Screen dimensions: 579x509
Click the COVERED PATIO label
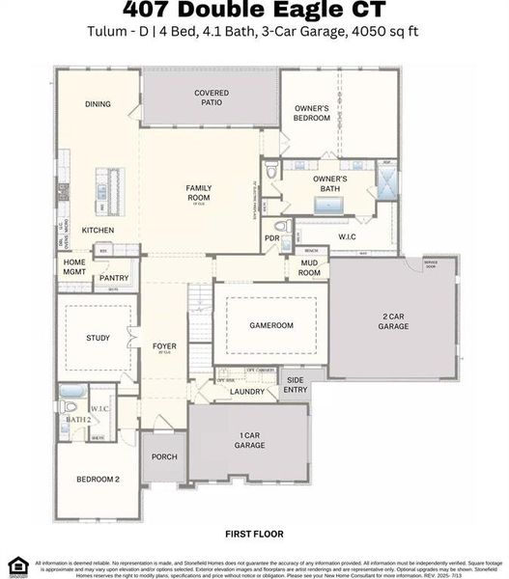212,98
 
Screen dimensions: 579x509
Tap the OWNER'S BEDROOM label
312,113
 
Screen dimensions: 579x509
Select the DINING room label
98,104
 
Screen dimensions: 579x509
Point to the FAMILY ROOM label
198,192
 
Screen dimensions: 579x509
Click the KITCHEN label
98,231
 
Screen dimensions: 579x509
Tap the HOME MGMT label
74,267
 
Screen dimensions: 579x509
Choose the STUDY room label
98,338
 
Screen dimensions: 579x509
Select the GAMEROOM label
270,326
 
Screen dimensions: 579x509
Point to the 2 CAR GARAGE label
393,321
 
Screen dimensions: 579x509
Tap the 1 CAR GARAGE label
249,440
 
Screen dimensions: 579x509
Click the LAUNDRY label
247,392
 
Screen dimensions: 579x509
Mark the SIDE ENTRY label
296,384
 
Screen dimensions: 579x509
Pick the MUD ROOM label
309,268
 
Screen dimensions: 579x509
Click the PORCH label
164,457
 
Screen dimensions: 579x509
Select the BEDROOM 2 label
98,480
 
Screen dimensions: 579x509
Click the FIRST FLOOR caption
254,533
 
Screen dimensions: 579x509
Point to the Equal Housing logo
15,565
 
